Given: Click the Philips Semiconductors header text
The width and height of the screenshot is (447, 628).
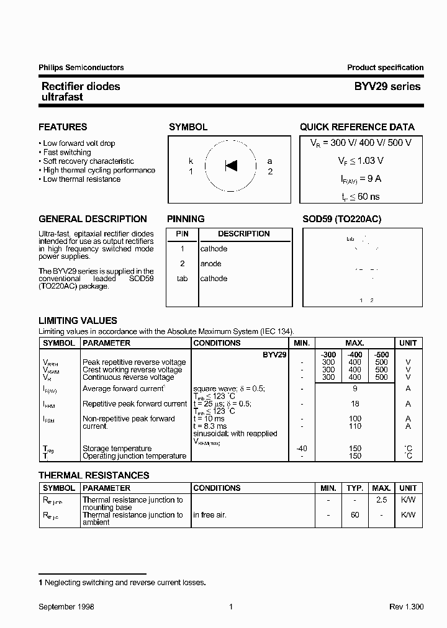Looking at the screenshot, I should [81, 68].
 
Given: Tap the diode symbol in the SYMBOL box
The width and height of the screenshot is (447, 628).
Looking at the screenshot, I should [231, 166].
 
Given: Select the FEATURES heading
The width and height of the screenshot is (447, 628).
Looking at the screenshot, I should [63, 127].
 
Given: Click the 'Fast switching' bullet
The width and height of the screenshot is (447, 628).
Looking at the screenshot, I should [66, 152].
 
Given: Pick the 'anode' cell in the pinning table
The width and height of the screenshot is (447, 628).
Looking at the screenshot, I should [210, 264].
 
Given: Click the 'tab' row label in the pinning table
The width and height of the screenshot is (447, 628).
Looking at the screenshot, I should [182, 279].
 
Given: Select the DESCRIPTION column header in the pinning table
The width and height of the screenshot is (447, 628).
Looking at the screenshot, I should [243, 234].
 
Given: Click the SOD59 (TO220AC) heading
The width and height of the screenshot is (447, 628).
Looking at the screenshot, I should [342, 219].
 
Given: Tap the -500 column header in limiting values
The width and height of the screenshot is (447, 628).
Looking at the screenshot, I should [381, 353].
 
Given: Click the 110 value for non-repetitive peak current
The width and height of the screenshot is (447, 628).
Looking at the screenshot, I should [354, 426].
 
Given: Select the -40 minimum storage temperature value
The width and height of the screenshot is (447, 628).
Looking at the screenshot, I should [302, 449].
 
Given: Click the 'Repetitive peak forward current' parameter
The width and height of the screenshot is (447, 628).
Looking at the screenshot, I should [135, 404].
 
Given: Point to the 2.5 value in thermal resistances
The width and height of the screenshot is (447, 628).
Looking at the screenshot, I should [381, 500].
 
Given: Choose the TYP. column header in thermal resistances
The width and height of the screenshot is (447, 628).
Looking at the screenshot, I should [354, 488].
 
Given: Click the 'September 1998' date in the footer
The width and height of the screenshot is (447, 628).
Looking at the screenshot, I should [66, 607].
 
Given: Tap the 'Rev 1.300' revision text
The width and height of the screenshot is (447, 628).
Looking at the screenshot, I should [406, 607].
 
